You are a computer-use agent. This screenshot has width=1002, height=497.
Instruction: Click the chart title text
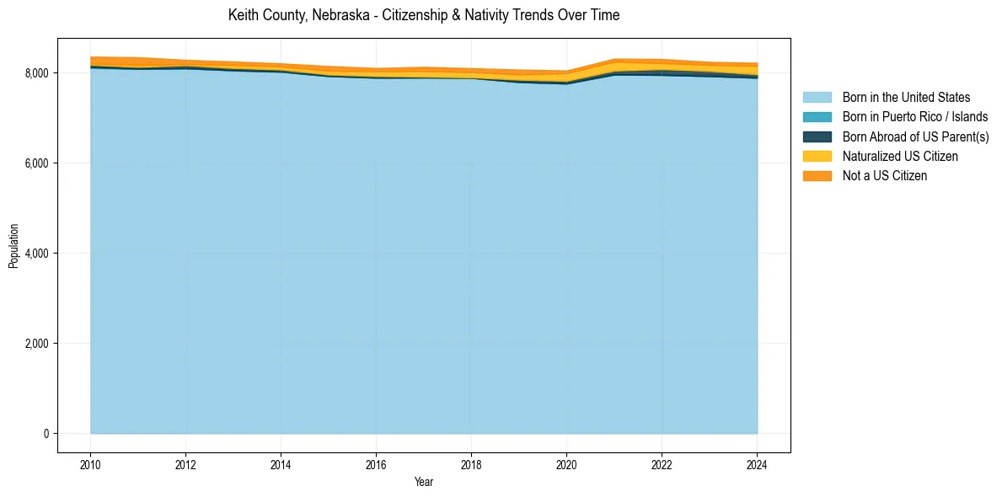pyautogui.click(x=424, y=15)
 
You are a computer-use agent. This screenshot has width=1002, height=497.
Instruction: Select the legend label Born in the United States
pyautogui.click(x=906, y=98)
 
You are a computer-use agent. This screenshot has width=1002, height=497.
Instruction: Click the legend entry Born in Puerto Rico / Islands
pyautogui.click(x=914, y=117)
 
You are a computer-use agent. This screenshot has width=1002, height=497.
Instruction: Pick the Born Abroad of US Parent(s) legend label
pyautogui.click(x=915, y=136)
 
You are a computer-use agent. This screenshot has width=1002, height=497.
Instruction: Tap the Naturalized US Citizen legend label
pyautogui.click(x=900, y=157)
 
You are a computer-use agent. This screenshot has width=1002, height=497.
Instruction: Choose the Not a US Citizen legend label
pyautogui.click(x=884, y=176)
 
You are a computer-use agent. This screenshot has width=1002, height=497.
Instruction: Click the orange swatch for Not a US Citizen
pyautogui.click(x=817, y=176)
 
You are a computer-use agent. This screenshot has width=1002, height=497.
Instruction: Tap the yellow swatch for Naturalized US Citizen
pyautogui.click(x=817, y=157)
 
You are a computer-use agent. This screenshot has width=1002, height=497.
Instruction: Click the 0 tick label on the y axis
pyautogui.click(x=46, y=434)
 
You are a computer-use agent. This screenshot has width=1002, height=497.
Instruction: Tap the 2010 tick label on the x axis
pyautogui.click(x=90, y=464)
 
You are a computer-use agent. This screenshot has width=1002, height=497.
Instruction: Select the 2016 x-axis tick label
pyautogui.click(x=376, y=464)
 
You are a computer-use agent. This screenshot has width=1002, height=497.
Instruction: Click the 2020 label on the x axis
pyautogui.click(x=566, y=464)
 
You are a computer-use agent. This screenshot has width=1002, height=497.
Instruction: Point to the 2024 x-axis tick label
pyautogui.click(x=757, y=464)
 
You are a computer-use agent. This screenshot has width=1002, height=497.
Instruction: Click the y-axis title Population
pyautogui.click(x=13, y=246)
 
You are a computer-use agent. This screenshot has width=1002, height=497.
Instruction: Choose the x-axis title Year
pyautogui.click(x=424, y=482)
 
